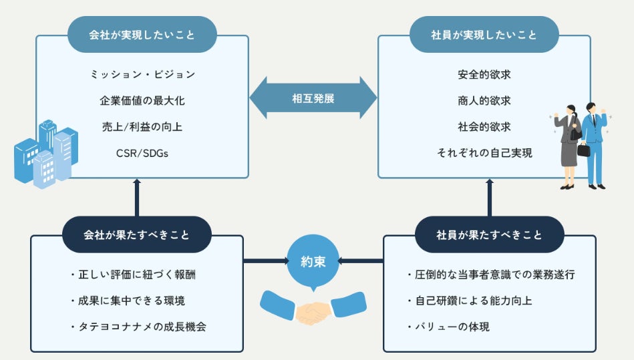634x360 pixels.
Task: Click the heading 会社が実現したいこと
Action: coord(142,35)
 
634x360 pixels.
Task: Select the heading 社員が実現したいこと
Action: coord(484,35)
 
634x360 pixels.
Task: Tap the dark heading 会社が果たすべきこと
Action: coord(137,234)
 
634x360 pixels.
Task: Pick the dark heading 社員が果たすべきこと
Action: coord(489,234)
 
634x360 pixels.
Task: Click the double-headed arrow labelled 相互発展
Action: coord(313,98)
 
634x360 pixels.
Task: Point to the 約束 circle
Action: coord(313,261)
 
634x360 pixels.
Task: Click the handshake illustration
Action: coord(313,308)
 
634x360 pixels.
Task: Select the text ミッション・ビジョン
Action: coord(142,74)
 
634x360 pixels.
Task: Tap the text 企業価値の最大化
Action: coord(142,101)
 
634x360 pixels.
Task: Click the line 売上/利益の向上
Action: coord(142,127)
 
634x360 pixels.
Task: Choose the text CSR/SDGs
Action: coord(142,153)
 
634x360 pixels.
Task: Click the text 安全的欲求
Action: coord(484,74)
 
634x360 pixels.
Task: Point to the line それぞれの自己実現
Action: coord(484,153)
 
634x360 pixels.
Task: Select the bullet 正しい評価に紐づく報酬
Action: coord(133,275)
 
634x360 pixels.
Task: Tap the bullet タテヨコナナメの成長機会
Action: coord(138,327)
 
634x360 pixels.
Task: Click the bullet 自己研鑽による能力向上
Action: coord(470,301)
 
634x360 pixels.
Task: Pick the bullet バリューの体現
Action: coord(448,327)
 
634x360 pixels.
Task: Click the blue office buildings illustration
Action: coord(45,154)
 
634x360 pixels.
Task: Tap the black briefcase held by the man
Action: coord(583,150)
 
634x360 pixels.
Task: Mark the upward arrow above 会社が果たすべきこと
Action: coord(137,198)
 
